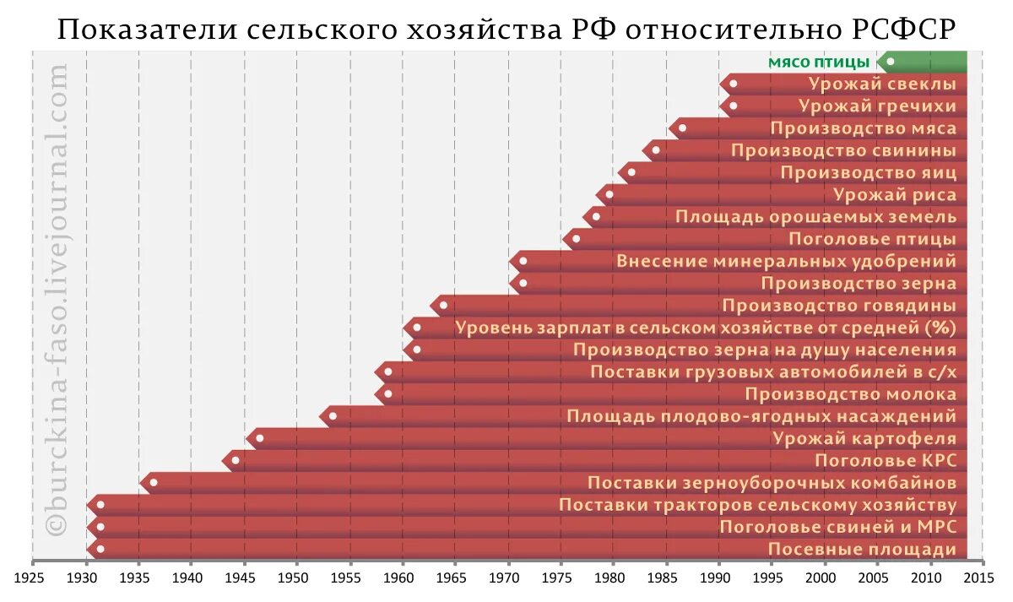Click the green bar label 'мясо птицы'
[817, 62]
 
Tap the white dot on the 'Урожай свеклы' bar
[733, 84]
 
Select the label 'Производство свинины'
[843, 150]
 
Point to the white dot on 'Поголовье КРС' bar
[236, 460]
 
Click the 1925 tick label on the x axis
[32, 578]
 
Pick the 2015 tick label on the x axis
[979, 578]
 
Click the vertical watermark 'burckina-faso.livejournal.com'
[57, 300]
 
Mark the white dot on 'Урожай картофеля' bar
[259, 438]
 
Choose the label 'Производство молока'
[850, 394]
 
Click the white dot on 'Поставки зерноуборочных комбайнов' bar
[153, 483]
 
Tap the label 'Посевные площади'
[862, 550]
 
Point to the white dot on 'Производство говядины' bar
[443, 306]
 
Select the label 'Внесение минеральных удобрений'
[786, 261]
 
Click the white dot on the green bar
[891, 62]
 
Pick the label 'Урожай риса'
[895, 195]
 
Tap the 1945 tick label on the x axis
[244, 578]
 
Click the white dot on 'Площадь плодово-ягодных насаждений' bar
[333, 416]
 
